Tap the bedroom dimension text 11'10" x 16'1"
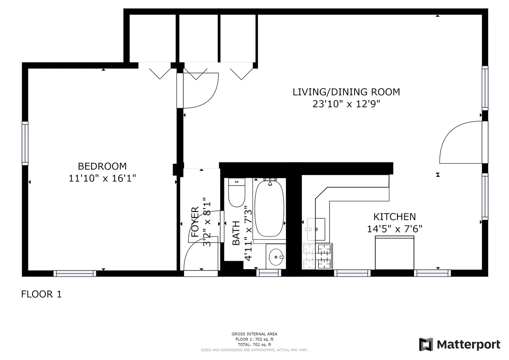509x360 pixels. pyautogui.click(x=102, y=179)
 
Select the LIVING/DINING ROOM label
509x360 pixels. pyautogui.click(x=346, y=92)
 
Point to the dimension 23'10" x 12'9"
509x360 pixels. pyautogui.click(x=346, y=104)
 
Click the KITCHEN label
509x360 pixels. pyautogui.click(x=394, y=217)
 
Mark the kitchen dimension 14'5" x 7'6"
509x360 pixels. pyautogui.click(x=394, y=229)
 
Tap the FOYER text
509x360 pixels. pyautogui.click(x=195, y=221)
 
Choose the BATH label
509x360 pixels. pyautogui.click(x=236, y=234)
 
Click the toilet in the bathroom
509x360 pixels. pyautogui.click(x=237, y=193)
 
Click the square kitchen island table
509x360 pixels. pyautogui.click(x=394, y=253)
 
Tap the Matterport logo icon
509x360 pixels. pyautogui.click(x=425, y=344)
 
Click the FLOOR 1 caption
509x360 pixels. pyautogui.click(x=42, y=294)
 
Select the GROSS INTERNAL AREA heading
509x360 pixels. pyautogui.click(x=255, y=334)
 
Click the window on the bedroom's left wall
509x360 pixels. pyautogui.click(x=25, y=143)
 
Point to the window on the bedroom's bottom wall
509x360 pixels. pyautogui.click(x=75, y=273)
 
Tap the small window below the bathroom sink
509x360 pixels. pyautogui.click(x=269, y=273)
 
